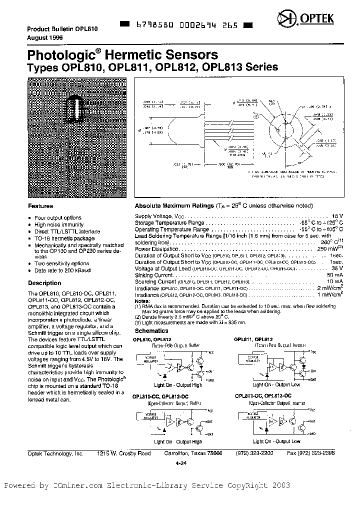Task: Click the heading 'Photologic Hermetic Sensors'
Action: [122, 55]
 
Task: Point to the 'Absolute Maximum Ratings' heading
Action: [173, 206]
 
